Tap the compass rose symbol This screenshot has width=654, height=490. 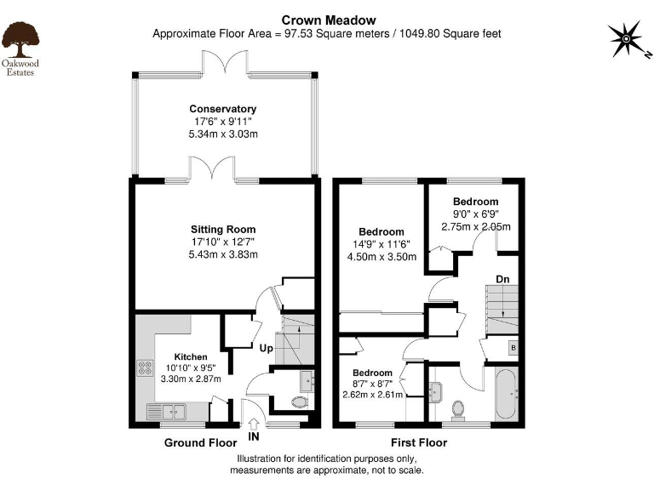point(627,39)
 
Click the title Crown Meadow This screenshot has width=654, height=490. point(326,20)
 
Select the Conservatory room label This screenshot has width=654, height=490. point(222,109)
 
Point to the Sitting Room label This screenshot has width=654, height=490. point(222,230)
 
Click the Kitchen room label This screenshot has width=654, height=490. point(191,356)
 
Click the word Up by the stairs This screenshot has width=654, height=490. point(267,348)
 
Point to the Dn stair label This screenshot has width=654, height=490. point(503,279)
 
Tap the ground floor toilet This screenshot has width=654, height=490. point(299,403)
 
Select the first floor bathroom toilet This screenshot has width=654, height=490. point(458,410)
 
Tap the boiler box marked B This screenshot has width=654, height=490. point(513,347)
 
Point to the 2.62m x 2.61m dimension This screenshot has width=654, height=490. point(373,395)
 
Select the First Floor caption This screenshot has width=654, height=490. point(419,442)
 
